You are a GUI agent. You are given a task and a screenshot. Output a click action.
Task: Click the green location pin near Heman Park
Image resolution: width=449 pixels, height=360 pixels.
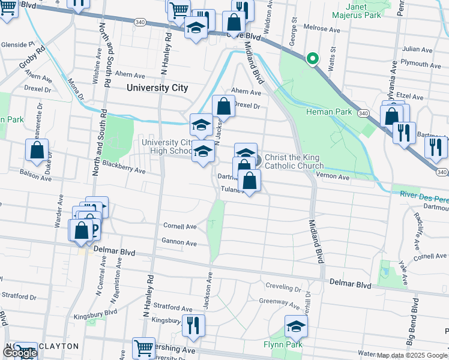pos(312,59)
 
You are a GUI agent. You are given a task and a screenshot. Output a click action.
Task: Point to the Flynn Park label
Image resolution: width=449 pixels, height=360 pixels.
pos(281,344)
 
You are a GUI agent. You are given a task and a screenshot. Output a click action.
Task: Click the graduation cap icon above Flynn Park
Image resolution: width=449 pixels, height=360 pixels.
pos(295,326)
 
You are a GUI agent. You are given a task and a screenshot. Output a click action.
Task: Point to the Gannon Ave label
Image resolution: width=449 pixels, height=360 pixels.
pos(179,243)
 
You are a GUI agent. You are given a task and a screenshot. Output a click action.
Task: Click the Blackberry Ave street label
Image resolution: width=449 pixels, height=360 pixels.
pos(124,166)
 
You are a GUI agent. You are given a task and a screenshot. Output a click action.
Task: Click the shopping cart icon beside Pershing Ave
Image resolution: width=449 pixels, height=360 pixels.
pos(143,349)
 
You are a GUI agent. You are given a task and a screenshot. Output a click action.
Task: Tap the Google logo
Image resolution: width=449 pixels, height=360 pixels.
pos(19,353)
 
